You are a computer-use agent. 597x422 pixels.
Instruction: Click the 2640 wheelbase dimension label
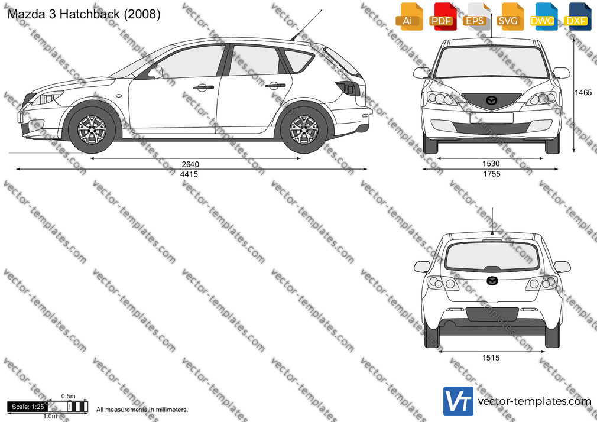(190, 164)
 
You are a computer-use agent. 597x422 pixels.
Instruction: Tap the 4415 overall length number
(189, 174)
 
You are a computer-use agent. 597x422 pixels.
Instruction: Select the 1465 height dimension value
(583, 92)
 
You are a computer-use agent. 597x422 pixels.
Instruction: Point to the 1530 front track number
(491, 164)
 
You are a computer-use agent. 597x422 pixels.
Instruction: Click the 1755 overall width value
(491, 174)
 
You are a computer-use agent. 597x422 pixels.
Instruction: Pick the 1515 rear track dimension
(491, 358)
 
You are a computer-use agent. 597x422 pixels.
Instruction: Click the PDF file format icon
(442, 17)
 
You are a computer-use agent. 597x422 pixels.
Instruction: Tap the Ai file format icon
(408, 17)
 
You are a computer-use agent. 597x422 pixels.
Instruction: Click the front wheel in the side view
(92, 129)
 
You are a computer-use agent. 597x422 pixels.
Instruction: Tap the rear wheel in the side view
(304, 129)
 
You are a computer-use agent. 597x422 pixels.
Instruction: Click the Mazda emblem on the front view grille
(491, 100)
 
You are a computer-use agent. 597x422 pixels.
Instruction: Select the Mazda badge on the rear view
(492, 281)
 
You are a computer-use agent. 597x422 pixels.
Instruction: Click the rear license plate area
(492, 314)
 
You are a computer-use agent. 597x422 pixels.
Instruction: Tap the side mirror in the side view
(156, 72)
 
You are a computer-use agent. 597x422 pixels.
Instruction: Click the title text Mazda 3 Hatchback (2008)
(84, 14)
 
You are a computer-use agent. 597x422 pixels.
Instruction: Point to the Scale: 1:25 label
(28, 407)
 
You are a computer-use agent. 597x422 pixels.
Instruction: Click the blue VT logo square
(458, 401)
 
